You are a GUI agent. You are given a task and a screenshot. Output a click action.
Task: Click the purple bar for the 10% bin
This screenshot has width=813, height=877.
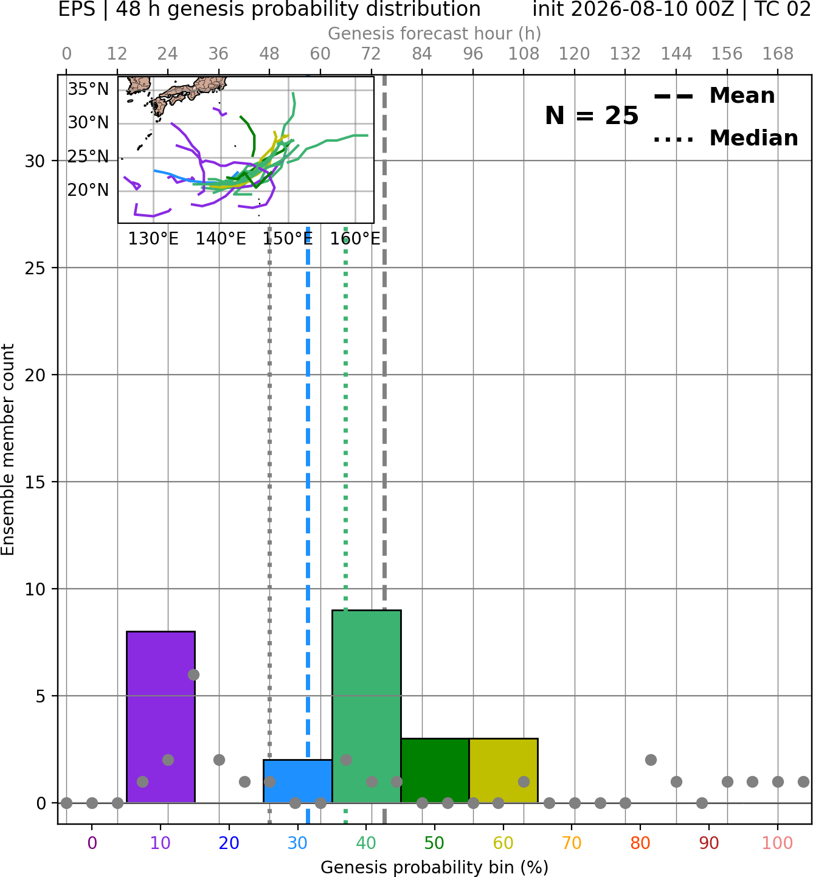[161, 716]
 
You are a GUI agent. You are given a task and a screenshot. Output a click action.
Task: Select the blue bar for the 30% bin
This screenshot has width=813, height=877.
[297, 781]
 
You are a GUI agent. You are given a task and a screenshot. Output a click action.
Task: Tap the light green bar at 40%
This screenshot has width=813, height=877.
[367, 706]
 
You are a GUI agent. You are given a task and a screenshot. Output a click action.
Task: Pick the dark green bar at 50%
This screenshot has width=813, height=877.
[435, 771]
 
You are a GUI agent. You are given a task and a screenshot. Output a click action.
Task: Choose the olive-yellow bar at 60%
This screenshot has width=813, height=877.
[503, 771]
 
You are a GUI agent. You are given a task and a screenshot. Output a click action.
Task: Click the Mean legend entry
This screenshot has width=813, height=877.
[714, 96]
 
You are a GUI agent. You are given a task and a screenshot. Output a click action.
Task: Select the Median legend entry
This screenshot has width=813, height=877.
[725, 138]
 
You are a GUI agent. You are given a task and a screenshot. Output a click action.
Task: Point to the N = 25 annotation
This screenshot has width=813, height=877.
[592, 116]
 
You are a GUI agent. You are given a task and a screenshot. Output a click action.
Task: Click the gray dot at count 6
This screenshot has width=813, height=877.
[193, 674]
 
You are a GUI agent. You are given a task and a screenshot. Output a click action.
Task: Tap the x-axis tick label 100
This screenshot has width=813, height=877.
[777, 844]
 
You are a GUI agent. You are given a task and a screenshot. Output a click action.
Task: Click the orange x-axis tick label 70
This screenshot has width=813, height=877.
[572, 844]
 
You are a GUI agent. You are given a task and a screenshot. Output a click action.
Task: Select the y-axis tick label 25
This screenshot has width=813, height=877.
[35, 268]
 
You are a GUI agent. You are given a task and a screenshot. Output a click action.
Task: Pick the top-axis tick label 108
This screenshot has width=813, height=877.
[524, 54]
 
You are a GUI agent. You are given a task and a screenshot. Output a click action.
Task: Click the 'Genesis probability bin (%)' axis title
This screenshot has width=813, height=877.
[435, 867]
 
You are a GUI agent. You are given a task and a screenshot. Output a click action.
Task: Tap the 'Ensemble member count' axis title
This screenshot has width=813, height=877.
[8, 449]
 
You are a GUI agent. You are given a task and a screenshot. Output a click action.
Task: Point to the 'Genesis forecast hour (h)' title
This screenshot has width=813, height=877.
[435, 33]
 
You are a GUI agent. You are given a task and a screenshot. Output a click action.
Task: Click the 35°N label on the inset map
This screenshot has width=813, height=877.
[88, 89]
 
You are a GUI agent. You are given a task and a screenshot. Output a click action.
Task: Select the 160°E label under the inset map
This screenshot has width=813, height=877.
[355, 239]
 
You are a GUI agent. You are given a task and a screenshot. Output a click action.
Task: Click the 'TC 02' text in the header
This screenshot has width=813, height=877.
[783, 9]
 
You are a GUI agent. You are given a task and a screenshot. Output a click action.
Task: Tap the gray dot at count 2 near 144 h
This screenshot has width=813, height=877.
[651, 760]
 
